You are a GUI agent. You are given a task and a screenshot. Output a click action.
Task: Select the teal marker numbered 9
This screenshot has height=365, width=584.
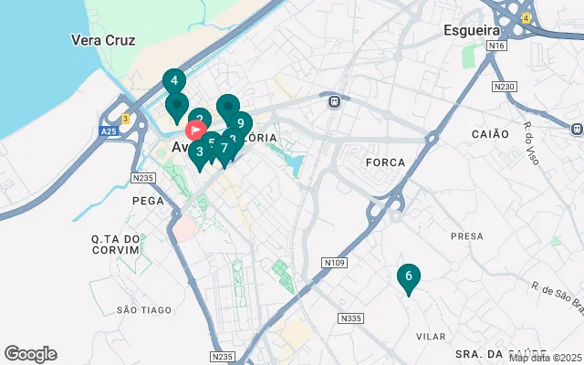239,123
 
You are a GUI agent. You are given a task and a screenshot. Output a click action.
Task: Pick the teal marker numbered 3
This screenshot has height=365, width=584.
199,152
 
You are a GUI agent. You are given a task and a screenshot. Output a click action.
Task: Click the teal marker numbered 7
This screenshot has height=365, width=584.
224,148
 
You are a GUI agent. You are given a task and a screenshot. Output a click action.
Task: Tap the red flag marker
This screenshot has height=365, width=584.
195,128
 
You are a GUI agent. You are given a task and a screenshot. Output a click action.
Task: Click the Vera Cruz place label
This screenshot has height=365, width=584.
103,40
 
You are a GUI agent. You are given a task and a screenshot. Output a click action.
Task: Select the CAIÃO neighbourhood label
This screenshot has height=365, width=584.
490,134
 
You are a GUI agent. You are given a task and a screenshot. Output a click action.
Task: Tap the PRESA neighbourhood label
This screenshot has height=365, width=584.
466,235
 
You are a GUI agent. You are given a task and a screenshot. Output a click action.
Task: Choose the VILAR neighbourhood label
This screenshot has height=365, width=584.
431,337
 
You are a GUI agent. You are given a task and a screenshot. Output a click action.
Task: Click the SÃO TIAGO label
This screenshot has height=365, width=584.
144,310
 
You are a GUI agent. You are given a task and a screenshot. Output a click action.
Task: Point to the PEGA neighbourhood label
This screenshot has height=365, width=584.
147,200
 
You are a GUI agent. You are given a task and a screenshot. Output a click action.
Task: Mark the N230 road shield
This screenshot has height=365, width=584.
503,87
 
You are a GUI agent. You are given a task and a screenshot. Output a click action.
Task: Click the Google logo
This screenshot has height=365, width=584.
30,354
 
